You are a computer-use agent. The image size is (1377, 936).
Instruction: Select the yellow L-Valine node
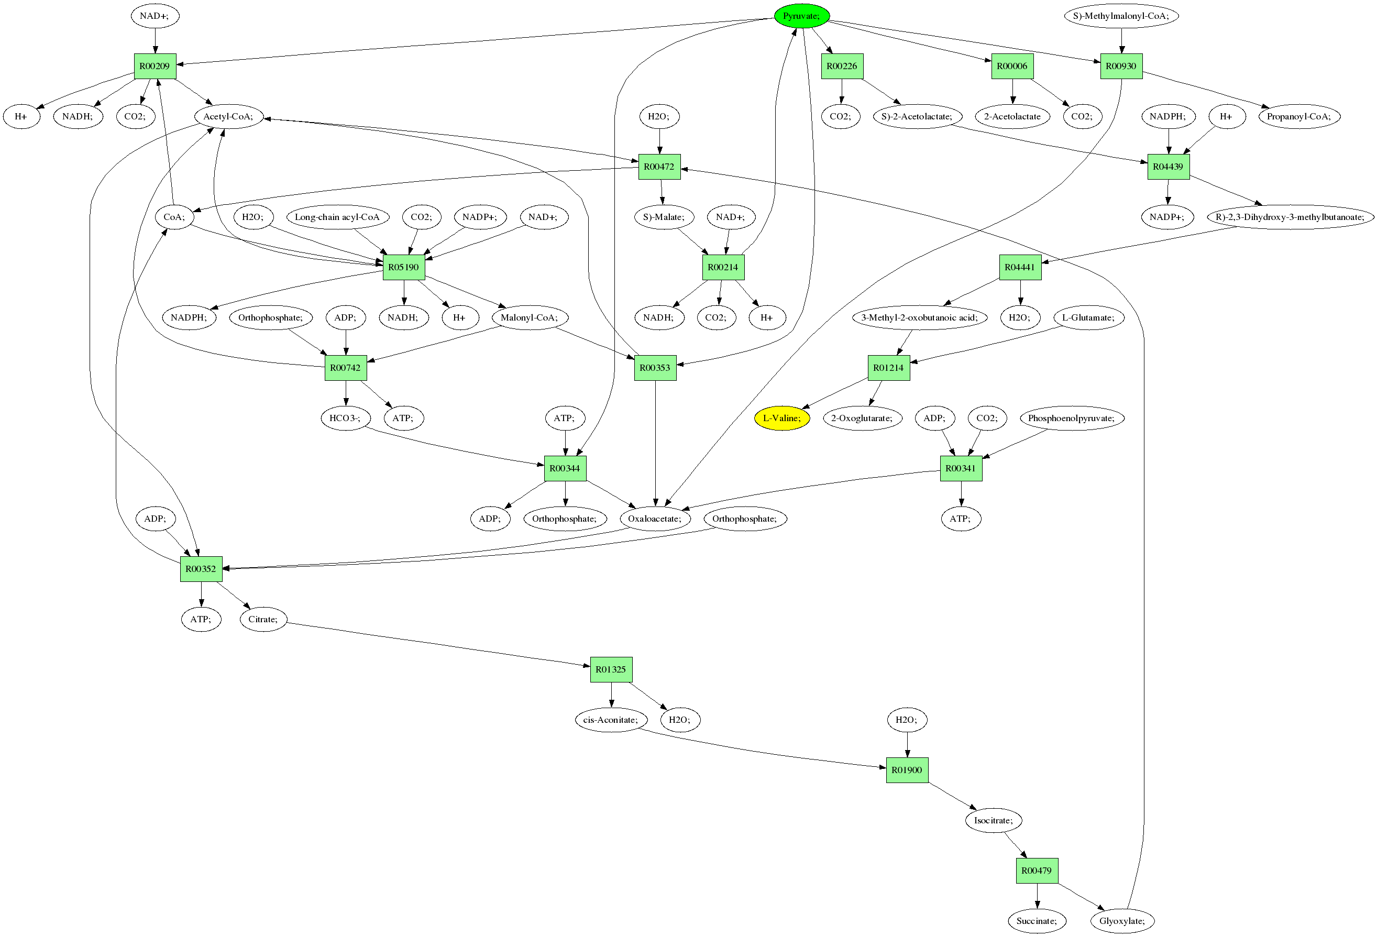781,418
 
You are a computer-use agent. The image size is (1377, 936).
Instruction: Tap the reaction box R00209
155,67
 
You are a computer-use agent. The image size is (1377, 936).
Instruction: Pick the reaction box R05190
403,267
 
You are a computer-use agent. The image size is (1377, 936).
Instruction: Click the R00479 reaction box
1037,871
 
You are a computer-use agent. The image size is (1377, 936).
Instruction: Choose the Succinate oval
1037,921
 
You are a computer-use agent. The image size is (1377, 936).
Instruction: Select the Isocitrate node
993,820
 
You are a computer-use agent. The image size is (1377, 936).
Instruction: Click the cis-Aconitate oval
610,720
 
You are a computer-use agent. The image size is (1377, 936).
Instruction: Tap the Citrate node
262,620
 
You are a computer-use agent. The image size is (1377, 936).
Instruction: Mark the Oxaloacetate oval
654,519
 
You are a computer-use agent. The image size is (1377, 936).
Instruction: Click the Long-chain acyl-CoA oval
337,217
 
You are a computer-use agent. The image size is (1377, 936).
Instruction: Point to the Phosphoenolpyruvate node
1071,418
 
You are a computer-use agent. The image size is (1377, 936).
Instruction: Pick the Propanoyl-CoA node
1298,117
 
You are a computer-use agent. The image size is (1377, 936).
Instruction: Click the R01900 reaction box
907,770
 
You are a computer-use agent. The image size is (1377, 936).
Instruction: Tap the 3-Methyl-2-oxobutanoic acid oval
919,317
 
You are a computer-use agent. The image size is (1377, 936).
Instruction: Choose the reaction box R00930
1120,67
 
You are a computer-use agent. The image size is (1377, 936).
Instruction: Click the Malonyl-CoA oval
529,317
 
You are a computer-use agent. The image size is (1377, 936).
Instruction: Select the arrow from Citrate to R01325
438,645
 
